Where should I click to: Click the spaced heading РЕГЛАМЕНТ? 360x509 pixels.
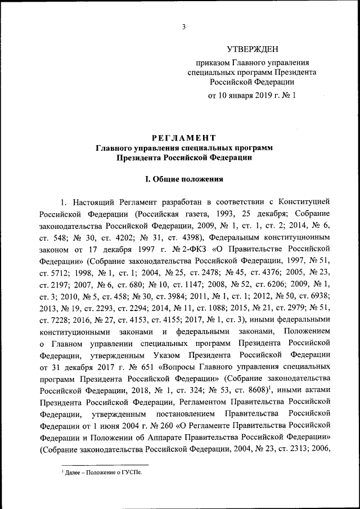(184, 138)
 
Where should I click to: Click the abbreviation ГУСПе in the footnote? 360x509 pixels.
(130, 474)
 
